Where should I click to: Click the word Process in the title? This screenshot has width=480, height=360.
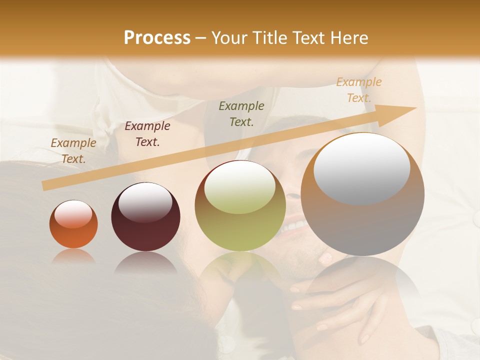[x=157, y=38]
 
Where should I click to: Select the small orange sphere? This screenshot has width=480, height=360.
[x=73, y=224]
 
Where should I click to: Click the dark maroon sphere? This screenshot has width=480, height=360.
[x=145, y=217]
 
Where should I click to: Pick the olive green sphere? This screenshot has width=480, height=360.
[x=240, y=205]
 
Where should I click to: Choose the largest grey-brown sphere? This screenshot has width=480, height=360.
[x=362, y=194]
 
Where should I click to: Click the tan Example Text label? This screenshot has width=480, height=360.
[x=73, y=151]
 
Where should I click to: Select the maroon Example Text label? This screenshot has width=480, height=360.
[x=147, y=134]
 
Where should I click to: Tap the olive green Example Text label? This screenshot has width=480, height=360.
[x=241, y=113]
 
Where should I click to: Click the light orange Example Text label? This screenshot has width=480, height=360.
[x=358, y=90]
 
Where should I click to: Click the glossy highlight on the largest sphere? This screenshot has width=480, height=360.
[x=362, y=168]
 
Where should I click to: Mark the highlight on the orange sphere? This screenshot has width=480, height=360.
[x=73, y=214]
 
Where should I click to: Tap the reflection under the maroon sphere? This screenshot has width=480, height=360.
[x=145, y=263]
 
